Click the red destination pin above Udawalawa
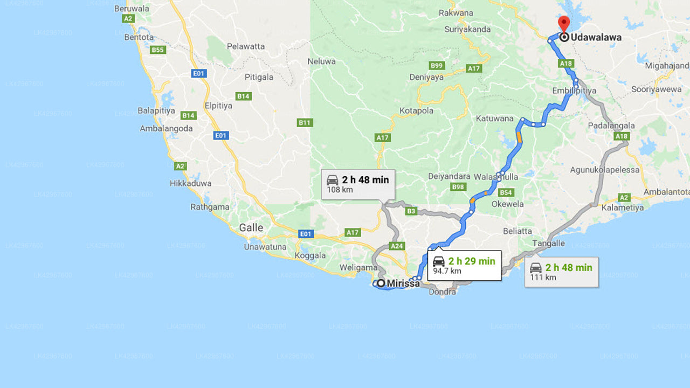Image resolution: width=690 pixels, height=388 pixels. (x=564, y=24)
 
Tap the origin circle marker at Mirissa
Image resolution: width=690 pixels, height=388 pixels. (x=381, y=283)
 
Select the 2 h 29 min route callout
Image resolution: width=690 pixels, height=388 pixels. (x=464, y=265)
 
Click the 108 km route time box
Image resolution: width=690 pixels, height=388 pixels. (x=358, y=184)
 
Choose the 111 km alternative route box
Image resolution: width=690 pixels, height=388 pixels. (x=561, y=272)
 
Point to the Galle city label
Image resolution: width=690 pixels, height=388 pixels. (x=251, y=227)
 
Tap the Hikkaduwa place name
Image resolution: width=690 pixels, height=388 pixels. (x=191, y=183)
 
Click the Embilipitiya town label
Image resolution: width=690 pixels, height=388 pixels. (x=574, y=91)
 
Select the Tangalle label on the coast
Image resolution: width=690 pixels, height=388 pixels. (x=548, y=244)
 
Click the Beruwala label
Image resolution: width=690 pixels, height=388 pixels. (x=132, y=9)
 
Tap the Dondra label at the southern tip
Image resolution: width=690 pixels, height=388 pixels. (x=442, y=292)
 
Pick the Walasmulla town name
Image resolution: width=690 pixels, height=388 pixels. (x=496, y=177)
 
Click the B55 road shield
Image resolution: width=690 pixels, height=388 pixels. (x=157, y=50)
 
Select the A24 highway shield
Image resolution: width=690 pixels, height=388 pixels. (x=397, y=246)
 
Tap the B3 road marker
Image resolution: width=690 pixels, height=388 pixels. (x=411, y=211)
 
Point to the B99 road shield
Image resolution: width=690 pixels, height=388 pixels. (x=437, y=66)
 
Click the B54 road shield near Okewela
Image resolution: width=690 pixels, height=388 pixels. (x=506, y=192)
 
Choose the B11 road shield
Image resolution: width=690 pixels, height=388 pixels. (x=305, y=123)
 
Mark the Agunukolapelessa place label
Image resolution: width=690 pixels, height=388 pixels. (x=605, y=170)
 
